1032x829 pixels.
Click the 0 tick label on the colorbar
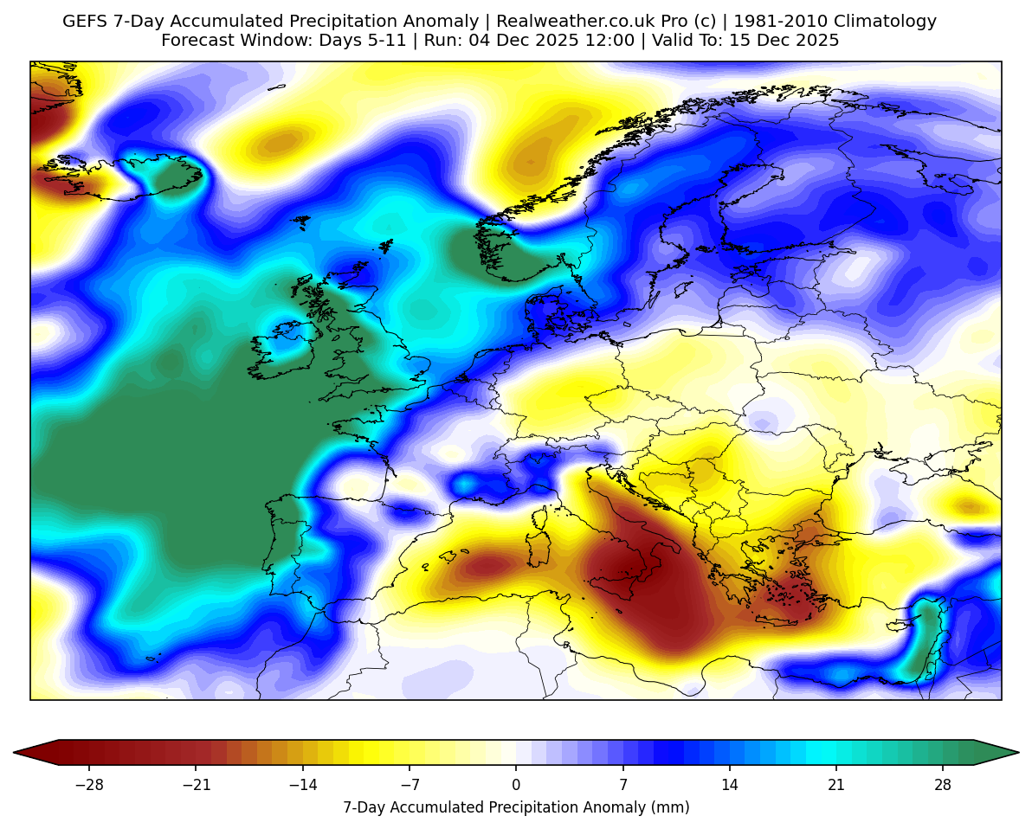516,785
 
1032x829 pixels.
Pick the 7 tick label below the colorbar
622,785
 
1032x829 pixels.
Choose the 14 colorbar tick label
729,785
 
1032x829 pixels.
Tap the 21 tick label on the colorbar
835,785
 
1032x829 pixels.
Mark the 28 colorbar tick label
943,785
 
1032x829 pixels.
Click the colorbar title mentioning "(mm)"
516,807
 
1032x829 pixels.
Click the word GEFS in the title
86,22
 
